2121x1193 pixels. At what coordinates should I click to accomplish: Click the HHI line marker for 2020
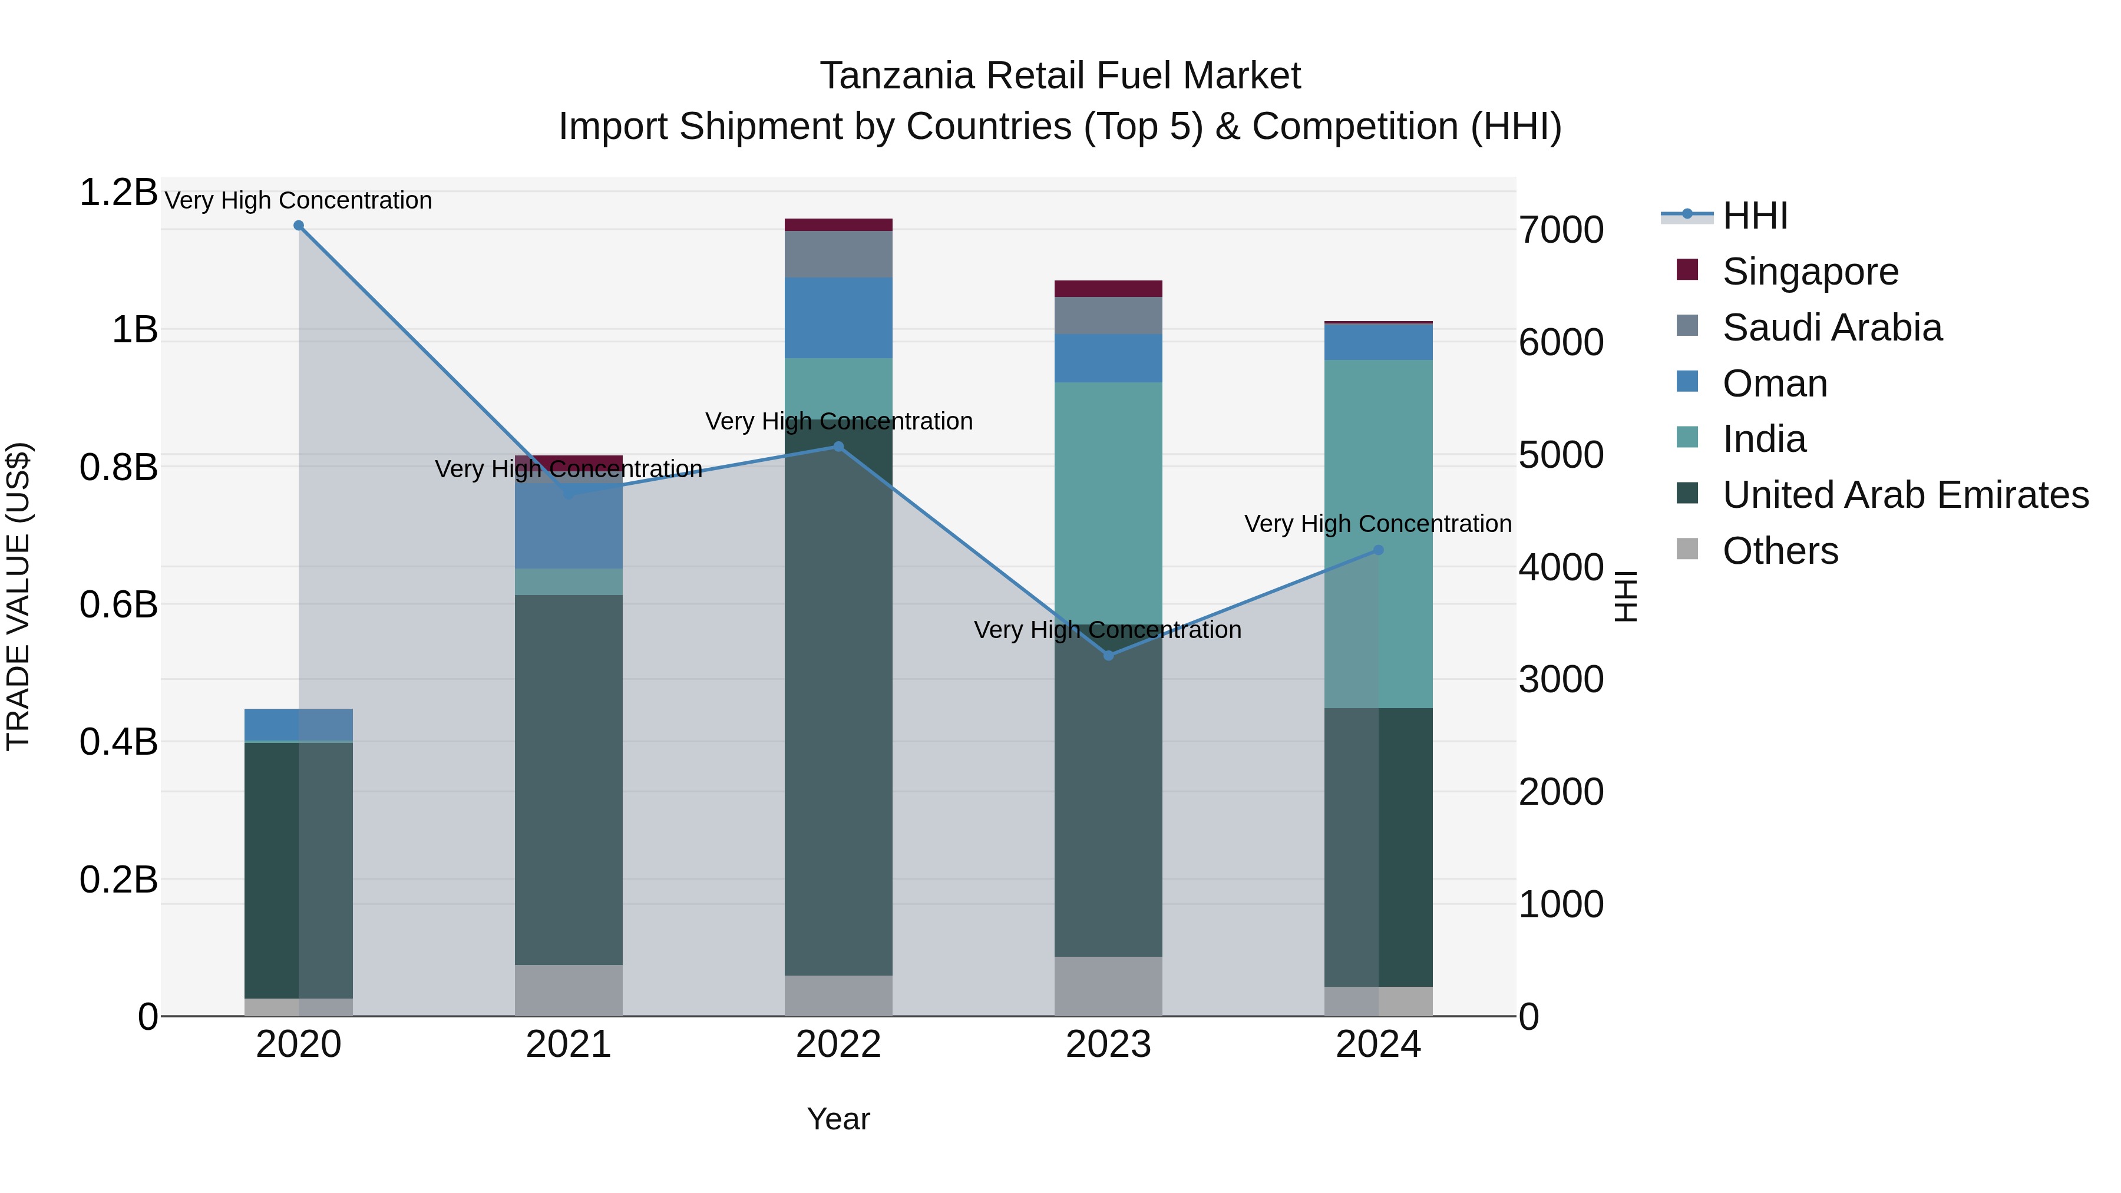pos(299,226)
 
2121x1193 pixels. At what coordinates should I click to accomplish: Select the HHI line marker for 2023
pos(1108,655)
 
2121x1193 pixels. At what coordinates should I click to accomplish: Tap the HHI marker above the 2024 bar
pos(1378,550)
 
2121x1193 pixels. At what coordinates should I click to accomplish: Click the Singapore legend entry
pos(1810,272)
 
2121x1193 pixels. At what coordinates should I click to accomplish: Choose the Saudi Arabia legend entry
pos(1831,328)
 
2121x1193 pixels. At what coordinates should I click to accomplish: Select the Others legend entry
pos(1780,551)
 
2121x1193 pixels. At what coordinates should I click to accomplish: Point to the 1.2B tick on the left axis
pos(118,193)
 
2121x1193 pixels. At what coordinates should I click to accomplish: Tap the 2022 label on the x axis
pos(838,1044)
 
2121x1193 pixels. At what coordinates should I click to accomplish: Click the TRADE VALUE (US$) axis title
pos(18,596)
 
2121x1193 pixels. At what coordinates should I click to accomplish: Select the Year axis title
pos(838,1119)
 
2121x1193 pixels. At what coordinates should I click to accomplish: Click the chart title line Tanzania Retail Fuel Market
pos(1060,76)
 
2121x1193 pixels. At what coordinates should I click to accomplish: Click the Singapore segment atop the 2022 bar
pos(838,225)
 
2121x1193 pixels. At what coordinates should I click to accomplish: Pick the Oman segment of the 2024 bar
pos(1378,342)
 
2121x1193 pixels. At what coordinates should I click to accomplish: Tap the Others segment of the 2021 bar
pos(568,990)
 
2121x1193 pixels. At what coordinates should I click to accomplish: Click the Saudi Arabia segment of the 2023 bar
pos(1108,315)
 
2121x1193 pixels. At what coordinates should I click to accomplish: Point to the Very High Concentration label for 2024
pos(1377,524)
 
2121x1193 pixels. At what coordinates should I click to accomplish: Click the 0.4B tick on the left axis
pos(118,742)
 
